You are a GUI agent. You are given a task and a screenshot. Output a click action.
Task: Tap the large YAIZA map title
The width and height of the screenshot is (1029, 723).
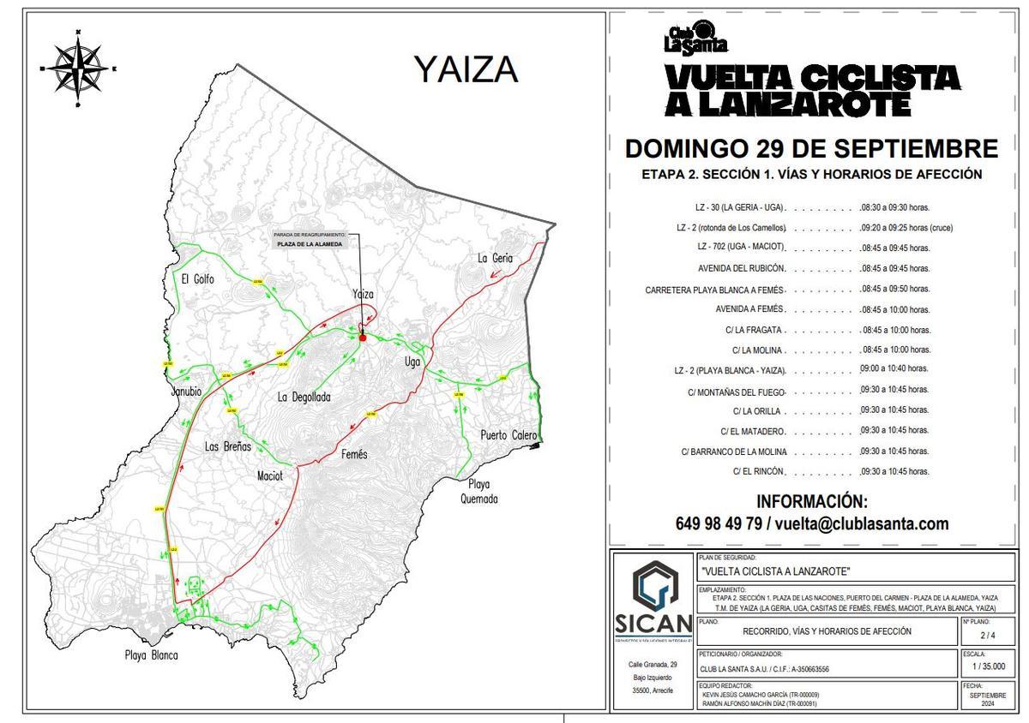466,69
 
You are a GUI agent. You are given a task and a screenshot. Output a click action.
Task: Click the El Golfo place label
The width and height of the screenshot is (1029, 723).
197,279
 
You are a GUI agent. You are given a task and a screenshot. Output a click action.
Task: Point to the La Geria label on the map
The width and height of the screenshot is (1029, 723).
495,258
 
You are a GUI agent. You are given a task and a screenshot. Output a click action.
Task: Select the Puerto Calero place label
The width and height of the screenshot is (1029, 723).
509,434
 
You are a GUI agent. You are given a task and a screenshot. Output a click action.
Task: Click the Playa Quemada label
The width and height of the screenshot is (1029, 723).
478,492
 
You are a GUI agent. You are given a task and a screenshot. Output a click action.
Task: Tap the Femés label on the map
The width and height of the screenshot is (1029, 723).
353,454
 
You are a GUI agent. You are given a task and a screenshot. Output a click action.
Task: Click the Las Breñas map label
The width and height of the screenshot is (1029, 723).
228,446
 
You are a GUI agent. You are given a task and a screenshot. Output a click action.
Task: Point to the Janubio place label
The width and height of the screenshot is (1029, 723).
186,391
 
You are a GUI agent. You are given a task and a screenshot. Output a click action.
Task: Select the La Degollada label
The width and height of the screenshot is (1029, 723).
304,397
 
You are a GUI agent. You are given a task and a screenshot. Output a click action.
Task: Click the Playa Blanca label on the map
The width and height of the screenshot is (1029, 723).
151,655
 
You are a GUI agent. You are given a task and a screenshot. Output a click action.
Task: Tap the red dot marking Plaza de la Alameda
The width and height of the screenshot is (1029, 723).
363,338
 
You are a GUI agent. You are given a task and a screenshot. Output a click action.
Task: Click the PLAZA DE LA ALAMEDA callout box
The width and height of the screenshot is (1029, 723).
310,244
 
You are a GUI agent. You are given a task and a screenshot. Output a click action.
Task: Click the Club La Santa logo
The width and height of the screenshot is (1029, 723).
695,40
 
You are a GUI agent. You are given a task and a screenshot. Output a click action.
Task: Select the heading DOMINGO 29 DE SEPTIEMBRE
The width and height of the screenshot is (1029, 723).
811,148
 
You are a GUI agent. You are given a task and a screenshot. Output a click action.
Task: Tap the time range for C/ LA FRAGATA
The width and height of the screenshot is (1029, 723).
895,330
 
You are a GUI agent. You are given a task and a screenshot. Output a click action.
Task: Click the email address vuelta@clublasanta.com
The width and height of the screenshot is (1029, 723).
862,523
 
